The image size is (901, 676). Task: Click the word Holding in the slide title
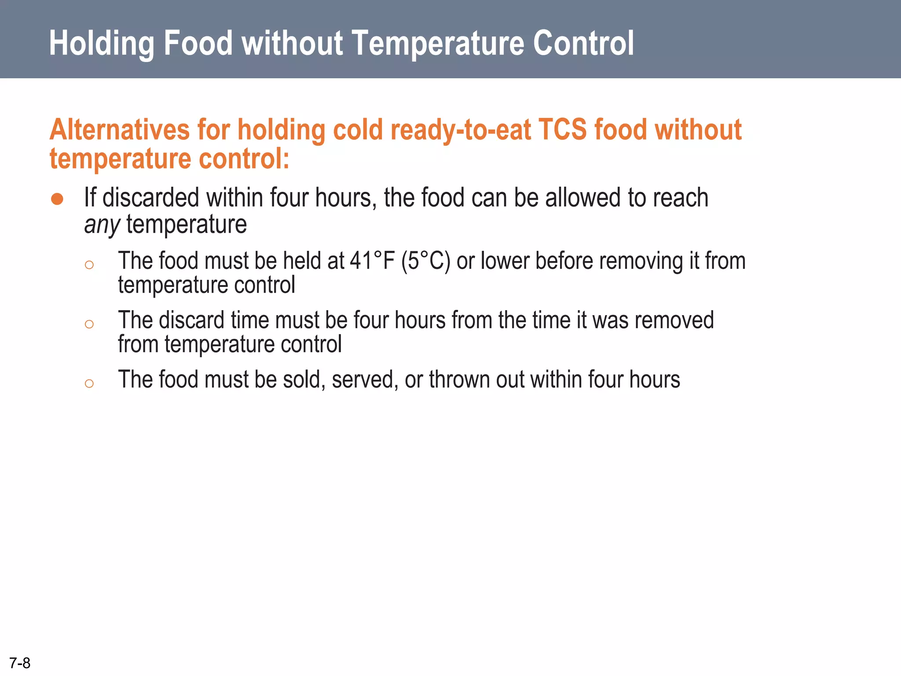tap(101, 43)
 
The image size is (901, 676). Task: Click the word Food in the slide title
tap(198, 43)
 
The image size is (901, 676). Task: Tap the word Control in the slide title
tap(583, 43)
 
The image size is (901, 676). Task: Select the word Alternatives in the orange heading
tap(119, 130)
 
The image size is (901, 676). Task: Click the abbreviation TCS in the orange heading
tap(562, 130)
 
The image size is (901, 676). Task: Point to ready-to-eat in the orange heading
tap(461, 131)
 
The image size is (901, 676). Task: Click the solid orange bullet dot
tap(57, 199)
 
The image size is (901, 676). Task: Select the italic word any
tap(102, 225)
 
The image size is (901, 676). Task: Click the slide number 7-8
tap(20, 663)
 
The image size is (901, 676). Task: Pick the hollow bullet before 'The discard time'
tap(89, 324)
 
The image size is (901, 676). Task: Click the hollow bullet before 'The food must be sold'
tap(89, 383)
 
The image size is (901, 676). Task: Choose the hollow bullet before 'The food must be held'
tap(89, 265)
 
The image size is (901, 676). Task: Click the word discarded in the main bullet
tap(150, 198)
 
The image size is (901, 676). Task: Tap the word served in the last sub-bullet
tap(365, 379)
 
